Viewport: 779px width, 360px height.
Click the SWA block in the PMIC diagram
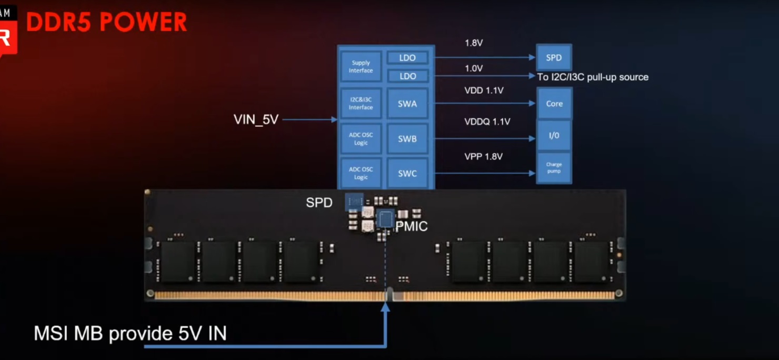click(x=407, y=104)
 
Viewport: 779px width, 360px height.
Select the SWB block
click(x=407, y=139)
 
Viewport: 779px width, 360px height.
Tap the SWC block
click(x=407, y=173)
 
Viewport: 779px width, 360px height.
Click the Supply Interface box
click(x=361, y=66)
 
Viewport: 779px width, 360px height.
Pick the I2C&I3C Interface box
click(x=361, y=104)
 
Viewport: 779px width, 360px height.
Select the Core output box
click(x=554, y=104)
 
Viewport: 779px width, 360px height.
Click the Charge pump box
click(x=554, y=168)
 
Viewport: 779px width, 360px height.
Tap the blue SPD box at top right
click(x=554, y=58)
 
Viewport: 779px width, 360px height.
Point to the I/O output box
click(x=554, y=135)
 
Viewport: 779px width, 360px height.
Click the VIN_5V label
click(x=256, y=119)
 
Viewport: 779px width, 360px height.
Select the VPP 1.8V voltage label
click(x=483, y=156)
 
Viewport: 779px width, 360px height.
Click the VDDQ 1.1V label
click(x=487, y=122)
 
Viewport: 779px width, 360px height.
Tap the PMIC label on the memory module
click(x=412, y=227)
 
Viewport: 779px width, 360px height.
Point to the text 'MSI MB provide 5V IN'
click(x=130, y=334)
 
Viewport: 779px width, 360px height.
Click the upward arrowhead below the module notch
click(x=385, y=306)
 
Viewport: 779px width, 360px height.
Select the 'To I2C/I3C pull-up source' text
click(x=593, y=77)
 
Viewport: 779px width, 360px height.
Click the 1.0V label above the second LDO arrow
click(x=474, y=68)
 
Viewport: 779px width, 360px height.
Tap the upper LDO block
click(x=407, y=57)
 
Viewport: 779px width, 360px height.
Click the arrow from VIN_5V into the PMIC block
click(x=311, y=120)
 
